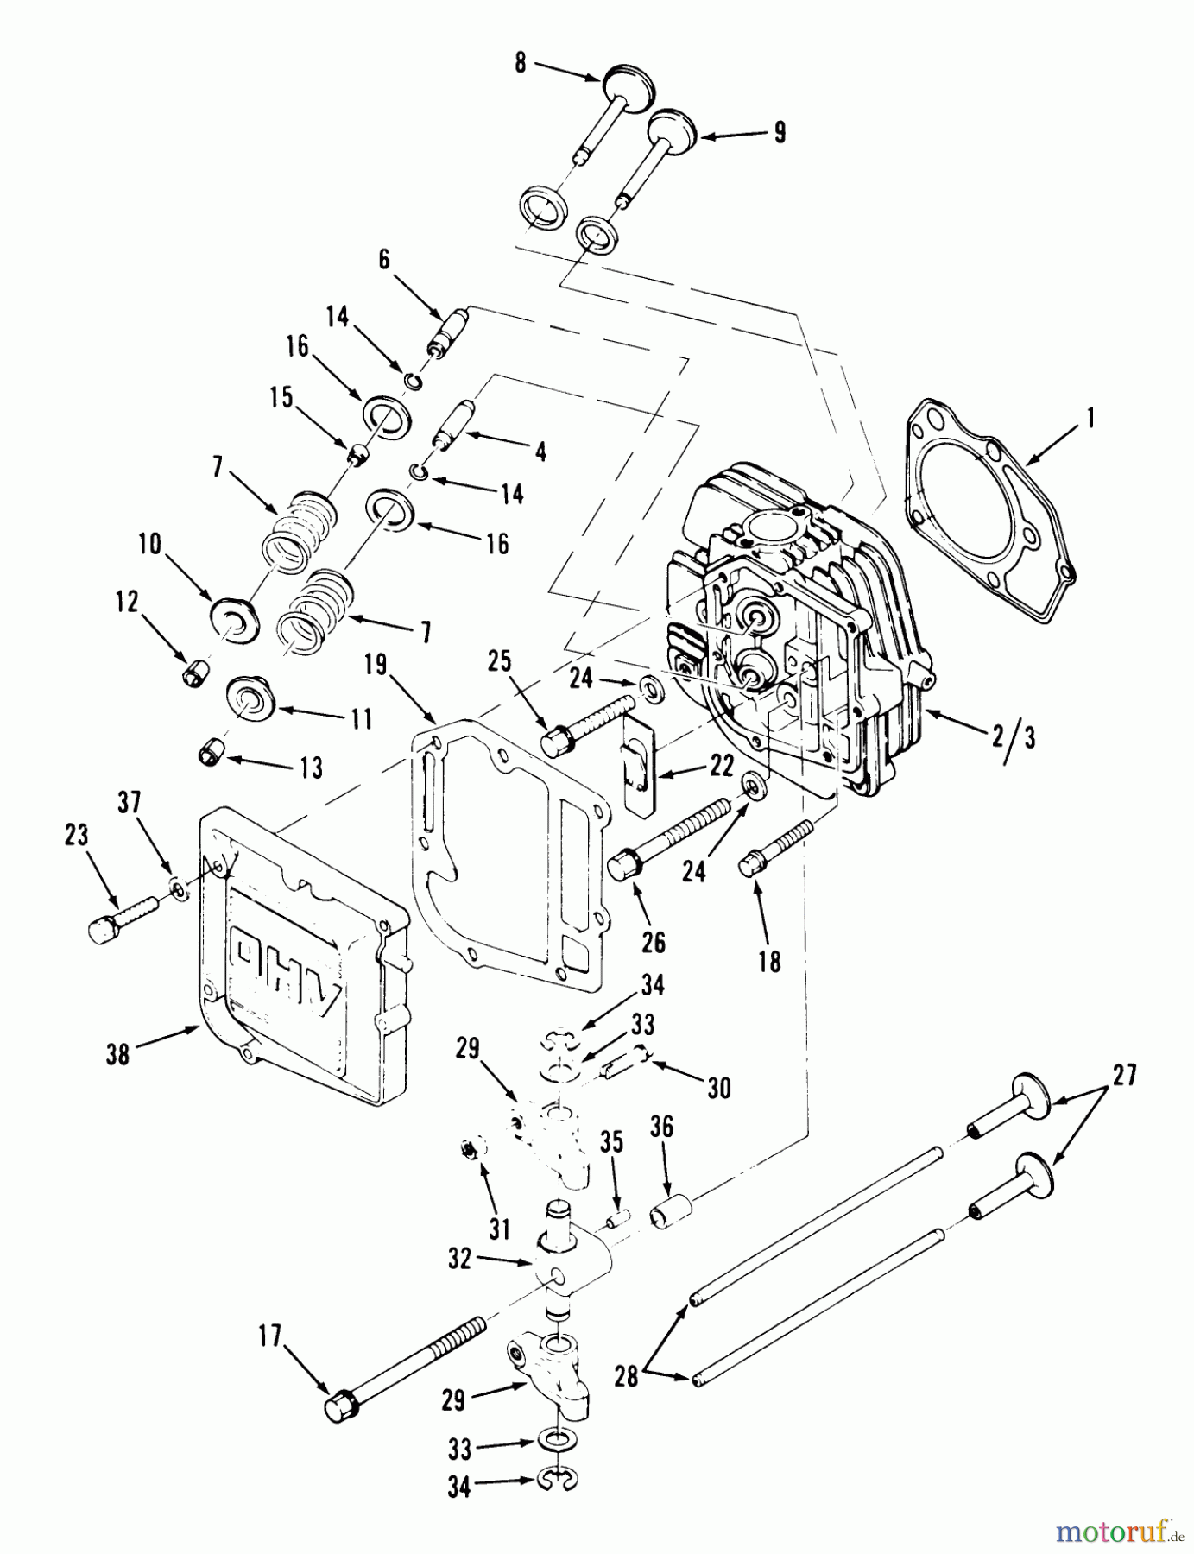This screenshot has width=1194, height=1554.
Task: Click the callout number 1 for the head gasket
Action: [1090, 420]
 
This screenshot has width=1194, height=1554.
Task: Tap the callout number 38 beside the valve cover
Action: [118, 1053]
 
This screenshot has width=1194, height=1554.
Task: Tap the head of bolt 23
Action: [102, 928]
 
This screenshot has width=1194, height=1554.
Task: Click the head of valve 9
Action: [676, 128]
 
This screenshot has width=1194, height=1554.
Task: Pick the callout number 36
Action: [663, 1126]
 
